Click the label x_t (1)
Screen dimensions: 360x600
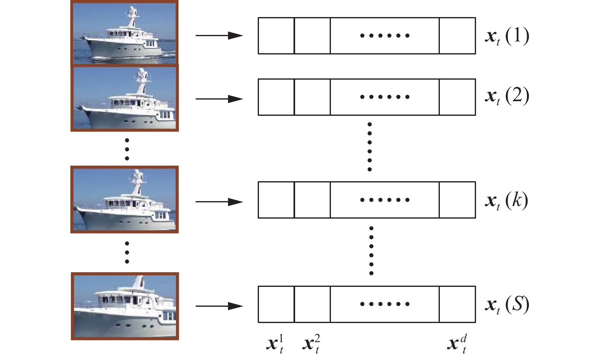click(507, 36)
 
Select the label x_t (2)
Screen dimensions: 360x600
click(507, 97)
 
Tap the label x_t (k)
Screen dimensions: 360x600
click(507, 200)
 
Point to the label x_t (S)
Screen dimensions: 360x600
click(507, 305)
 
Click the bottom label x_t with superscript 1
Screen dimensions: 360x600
click(275, 344)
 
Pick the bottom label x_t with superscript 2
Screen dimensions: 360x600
click(311, 344)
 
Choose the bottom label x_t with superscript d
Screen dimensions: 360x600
click(457, 344)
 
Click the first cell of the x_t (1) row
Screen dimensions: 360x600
click(276, 36)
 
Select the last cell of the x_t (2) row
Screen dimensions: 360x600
click(457, 97)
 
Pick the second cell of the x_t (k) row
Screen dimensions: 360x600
click(312, 200)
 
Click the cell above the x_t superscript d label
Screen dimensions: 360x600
click(457, 304)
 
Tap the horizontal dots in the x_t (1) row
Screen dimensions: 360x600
click(385, 36)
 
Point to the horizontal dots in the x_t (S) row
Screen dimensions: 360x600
click(385, 304)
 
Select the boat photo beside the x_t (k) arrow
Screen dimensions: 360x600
click(124, 200)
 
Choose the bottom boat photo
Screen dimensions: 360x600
click(125, 306)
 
